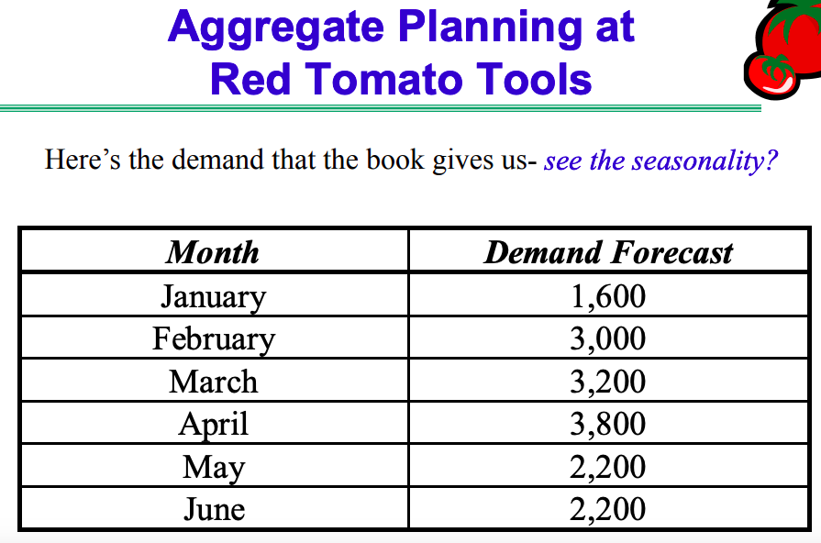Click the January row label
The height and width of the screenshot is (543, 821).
213,296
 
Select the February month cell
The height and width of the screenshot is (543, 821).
213,339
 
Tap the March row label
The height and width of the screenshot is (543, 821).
213,382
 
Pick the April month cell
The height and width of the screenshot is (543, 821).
213,425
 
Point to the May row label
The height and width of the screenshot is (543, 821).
213,467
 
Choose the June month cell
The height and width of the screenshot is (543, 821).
213,509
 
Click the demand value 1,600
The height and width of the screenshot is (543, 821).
607,296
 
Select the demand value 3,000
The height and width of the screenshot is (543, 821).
607,339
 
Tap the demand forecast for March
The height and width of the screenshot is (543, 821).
607,382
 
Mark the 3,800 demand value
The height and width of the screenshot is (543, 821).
607,425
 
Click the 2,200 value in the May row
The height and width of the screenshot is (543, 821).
607,467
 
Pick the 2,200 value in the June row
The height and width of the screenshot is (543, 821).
607,509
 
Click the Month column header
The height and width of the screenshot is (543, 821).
213,252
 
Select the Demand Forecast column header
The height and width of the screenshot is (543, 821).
608,252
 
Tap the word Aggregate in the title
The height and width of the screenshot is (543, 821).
275,28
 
